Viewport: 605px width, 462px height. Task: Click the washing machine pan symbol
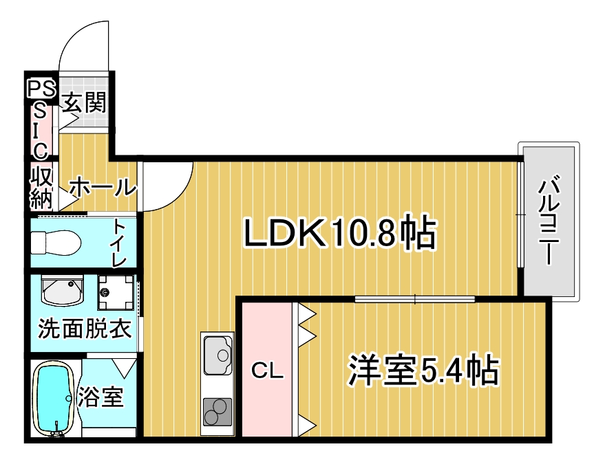(116, 292)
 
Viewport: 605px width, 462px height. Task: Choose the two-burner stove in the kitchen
(217, 411)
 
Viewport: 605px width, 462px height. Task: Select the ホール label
(103, 188)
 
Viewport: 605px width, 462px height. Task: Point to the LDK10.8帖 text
(340, 233)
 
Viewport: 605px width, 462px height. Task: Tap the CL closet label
(267, 371)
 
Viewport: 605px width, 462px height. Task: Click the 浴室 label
(100, 397)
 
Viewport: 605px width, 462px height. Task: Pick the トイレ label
(119, 243)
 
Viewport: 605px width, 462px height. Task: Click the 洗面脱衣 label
(85, 329)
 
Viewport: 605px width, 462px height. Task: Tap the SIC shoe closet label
(41, 132)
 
